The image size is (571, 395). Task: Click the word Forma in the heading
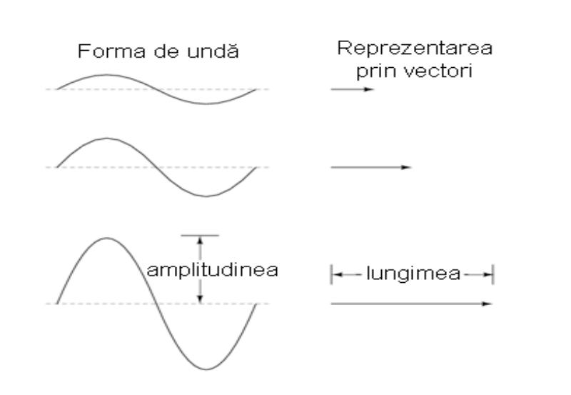coord(111,51)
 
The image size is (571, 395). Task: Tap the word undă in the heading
coord(213,51)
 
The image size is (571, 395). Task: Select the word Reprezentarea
coord(415,48)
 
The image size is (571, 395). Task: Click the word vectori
coord(439,70)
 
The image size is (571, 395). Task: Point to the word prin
coord(377,71)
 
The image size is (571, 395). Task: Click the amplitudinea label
coord(213,271)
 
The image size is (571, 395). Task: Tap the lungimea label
coord(413,274)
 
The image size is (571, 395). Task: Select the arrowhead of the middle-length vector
coord(406,167)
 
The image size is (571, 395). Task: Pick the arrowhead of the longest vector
coord(487,304)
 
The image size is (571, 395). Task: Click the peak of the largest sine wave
coord(106,239)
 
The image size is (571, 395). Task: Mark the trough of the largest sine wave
coord(206,369)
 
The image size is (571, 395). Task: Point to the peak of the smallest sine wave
coord(106,75)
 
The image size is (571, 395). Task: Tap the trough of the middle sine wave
coord(206,196)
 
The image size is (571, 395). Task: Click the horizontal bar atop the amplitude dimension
coord(200,236)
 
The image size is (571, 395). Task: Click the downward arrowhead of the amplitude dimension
coord(200,299)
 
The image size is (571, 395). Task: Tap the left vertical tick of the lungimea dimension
coord(331,275)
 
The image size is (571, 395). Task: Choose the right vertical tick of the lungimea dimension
coord(492,275)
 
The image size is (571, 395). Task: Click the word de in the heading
coord(166,51)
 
